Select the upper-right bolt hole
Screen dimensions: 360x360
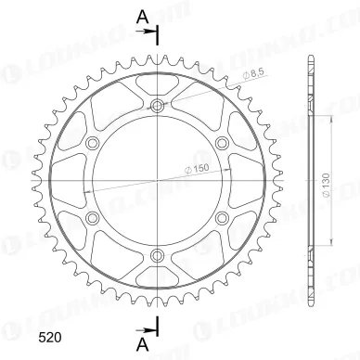(x=223, y=143)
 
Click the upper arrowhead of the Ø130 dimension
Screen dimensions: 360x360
(x=328, y=119)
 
